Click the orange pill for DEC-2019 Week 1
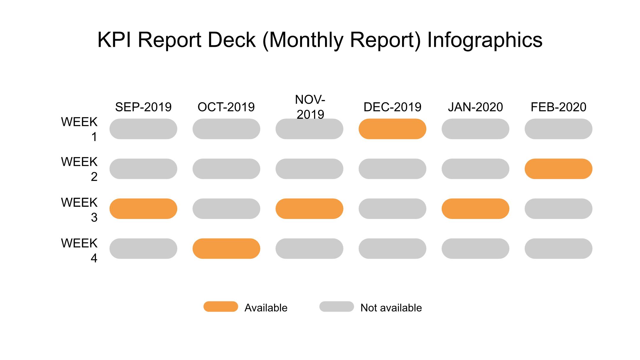(392, 129)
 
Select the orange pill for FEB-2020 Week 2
(558, 169)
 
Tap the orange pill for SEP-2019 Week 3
(143, 209)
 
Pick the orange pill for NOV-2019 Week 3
(309, 209)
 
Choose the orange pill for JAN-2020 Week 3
(475, 209)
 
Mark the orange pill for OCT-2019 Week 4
(226, 249)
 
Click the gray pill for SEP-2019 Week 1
(143, 129)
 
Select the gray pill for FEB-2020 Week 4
(558, 249)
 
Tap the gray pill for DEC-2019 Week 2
(392, 169)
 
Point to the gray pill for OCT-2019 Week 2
(226, 169)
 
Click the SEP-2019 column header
(143, 107)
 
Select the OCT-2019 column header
(226, 107)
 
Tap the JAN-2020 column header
(475, 107)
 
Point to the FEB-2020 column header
(558, 107)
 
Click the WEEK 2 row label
(79, 169)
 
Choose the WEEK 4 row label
(79, 251)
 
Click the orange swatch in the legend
(221, 307)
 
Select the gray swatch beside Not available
(337, 307)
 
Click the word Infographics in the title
(485, 40)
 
